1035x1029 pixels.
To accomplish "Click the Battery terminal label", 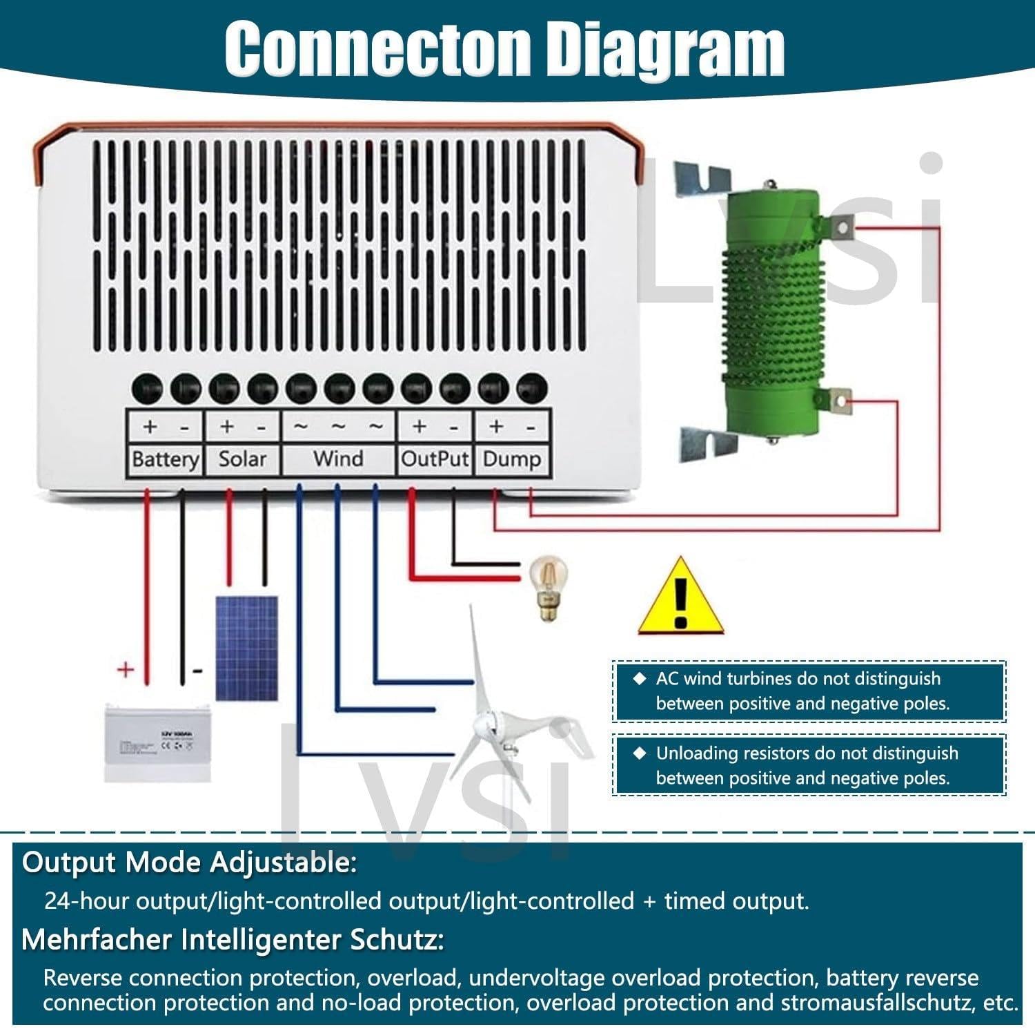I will [x=165, y=459].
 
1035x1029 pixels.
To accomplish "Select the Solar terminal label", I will [x=242, y=459].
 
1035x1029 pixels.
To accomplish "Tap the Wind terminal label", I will [x=338, y=459].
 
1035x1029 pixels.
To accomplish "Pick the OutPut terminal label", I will [x=435, y=459].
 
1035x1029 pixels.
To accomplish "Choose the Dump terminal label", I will [x=511, y=459].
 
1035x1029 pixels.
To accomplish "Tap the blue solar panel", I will [x=247, y=648].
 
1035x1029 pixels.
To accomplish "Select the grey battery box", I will [x=157, y=742].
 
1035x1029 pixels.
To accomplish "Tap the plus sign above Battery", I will [x=150, y=427].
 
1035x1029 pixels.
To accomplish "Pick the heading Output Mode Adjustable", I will [x=190, y=863].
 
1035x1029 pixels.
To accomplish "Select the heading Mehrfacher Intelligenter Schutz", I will [x=233, y=940].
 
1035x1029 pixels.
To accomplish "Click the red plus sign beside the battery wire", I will [x=126, y=669].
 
